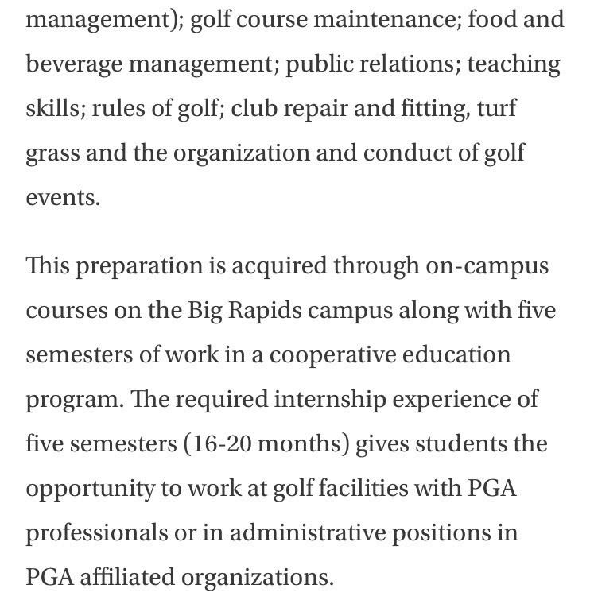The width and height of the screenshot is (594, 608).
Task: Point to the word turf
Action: click(497, 107)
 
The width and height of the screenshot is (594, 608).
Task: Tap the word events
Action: click(63, 197)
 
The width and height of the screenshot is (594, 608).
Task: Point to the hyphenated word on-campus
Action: click(487, 265)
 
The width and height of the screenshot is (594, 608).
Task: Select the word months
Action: click(304, 443)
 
